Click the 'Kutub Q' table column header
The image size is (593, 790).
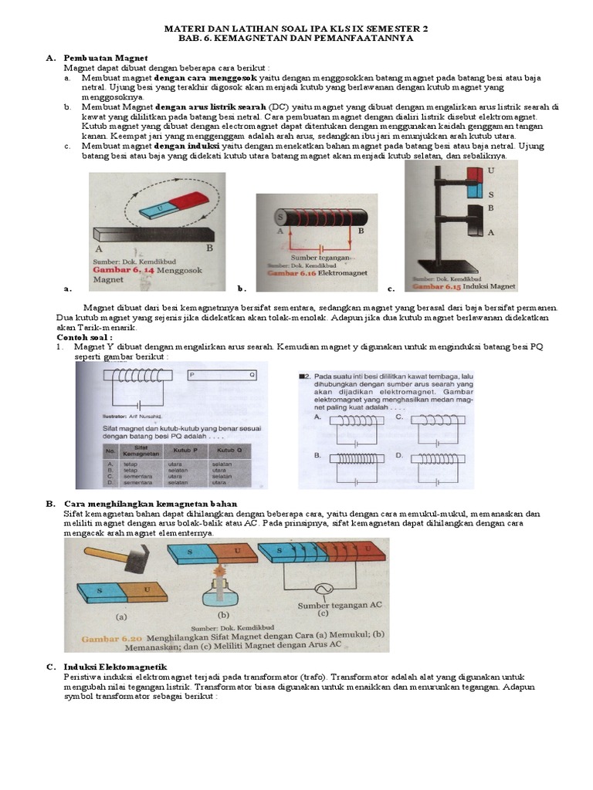coord(229,450)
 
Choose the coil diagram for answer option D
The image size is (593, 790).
coord(436,458)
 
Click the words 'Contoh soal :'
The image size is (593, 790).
coord(84,337)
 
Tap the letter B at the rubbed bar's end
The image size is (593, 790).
coord(210,248)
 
